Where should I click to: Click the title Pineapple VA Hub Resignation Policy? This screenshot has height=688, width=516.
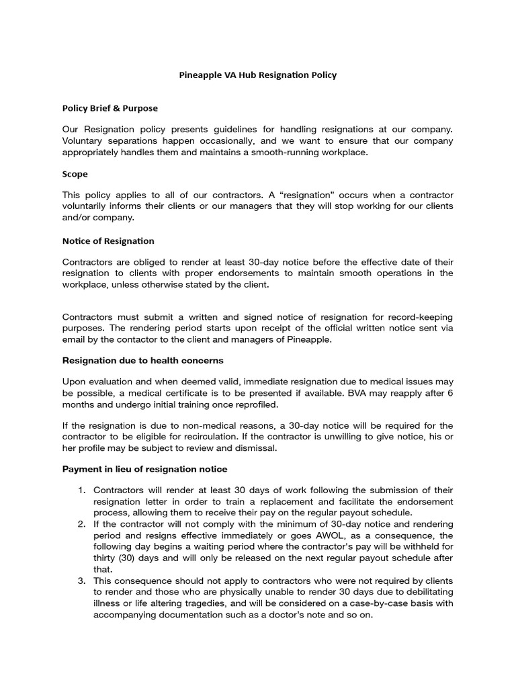point(258,75)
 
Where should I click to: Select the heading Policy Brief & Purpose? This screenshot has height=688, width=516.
point(110,107)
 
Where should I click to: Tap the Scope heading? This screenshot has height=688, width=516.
point(75,174)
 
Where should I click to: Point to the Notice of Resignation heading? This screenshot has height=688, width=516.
point(108,241)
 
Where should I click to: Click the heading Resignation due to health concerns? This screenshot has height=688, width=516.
point(142,360)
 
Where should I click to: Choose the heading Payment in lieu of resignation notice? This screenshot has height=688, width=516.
point(144,468)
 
